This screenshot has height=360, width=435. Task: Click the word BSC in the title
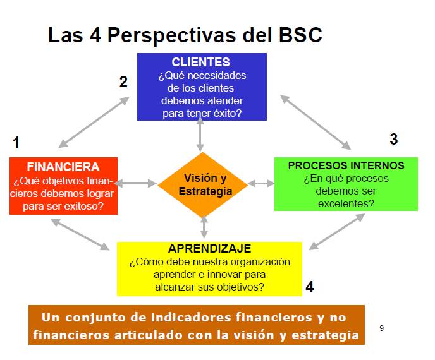pos(300,35)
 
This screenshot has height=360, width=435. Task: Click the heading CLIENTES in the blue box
pos(200,62)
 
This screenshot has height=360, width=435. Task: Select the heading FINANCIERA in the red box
pos(63,167)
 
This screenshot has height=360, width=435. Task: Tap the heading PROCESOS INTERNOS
pos(346,165)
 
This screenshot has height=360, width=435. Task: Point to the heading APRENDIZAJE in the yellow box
pos(209,248)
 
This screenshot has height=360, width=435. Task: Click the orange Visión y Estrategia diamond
pos(204,184)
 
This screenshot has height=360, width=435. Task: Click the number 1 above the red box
pos(16,142)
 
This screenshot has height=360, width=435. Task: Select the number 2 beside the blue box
pos(123,81)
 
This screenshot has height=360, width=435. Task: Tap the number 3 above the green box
pos(393,139)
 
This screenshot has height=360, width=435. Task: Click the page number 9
pos(381,328)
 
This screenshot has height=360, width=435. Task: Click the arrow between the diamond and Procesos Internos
pos(261,183)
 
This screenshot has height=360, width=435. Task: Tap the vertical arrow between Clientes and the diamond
pos(200,134)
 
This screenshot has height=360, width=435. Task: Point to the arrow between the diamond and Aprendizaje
pos(204,227)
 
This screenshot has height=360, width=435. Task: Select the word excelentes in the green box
pos(345,203)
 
